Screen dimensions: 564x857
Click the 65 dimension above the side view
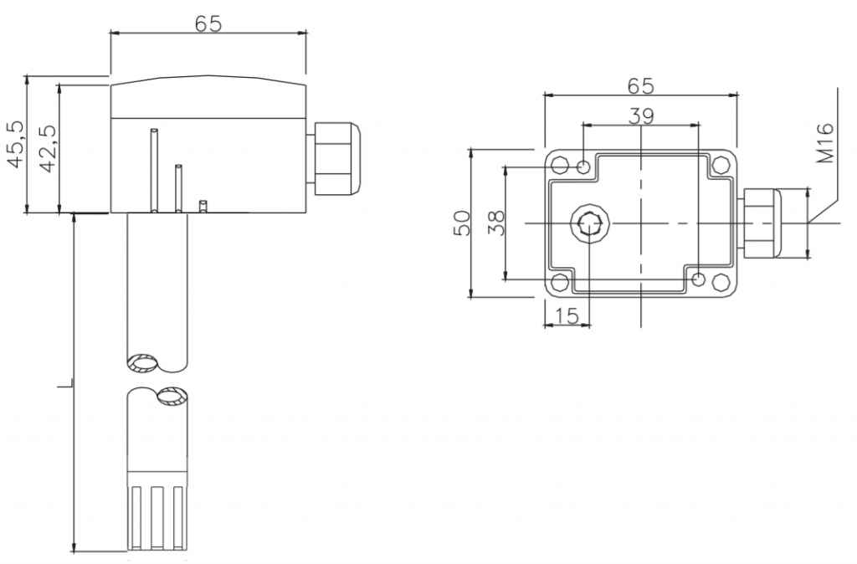208,23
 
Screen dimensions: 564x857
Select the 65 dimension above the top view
640,85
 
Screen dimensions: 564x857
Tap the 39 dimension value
641,115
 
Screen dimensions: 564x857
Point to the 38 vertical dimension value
496,223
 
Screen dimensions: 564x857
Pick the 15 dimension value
567,315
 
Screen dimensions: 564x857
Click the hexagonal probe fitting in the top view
589,223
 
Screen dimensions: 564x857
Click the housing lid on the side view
209,97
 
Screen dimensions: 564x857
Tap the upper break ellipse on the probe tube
143,363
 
